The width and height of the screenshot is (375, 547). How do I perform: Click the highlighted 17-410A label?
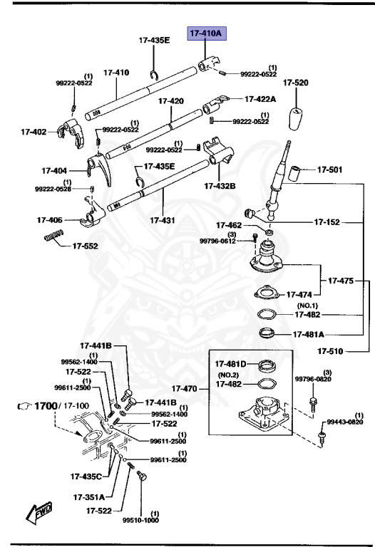click(x=205, y=33)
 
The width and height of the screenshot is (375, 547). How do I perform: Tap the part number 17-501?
click(x=329, y=170)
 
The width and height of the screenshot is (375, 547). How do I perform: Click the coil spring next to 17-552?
click(x=55, y=236)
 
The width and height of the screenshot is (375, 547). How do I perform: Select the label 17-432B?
click(x=220, y=186)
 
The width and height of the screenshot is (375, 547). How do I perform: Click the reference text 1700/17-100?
click(x=53, y=406)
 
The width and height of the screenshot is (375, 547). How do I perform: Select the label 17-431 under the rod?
click(x=163, y=221)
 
